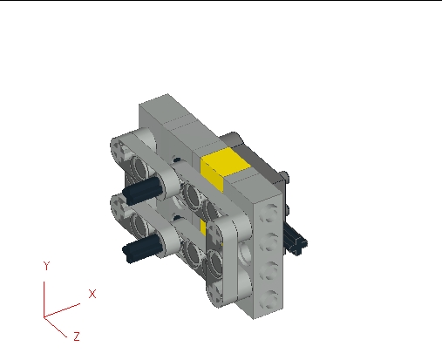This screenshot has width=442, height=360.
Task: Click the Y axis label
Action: [46, 266]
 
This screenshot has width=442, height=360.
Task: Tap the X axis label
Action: [92, 294]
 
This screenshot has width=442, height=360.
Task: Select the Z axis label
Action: [77, 336]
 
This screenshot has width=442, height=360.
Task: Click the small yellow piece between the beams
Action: [204, 228]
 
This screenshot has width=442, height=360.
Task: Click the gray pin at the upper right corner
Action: [284, 177]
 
